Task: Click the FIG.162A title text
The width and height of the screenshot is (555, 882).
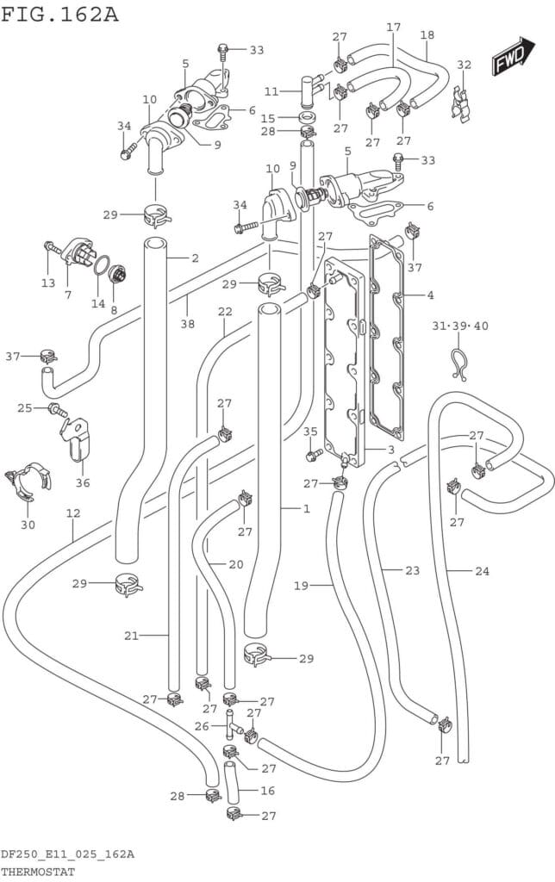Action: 60,15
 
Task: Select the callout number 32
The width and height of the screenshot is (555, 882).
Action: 464,65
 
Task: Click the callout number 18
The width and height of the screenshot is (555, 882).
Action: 427,35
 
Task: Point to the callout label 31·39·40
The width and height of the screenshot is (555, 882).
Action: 460,326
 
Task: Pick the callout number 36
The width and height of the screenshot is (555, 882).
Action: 82,482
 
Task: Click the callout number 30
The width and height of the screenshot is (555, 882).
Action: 28,524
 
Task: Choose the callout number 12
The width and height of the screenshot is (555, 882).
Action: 73,513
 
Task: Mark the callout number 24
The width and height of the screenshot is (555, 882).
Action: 481,570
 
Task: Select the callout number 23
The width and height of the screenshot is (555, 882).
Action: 412,570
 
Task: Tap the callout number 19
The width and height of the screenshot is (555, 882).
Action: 301,586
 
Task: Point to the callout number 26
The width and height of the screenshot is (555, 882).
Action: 200,726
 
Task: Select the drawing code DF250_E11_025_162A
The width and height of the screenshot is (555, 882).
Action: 67,854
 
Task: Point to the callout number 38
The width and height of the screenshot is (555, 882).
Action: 187,324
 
